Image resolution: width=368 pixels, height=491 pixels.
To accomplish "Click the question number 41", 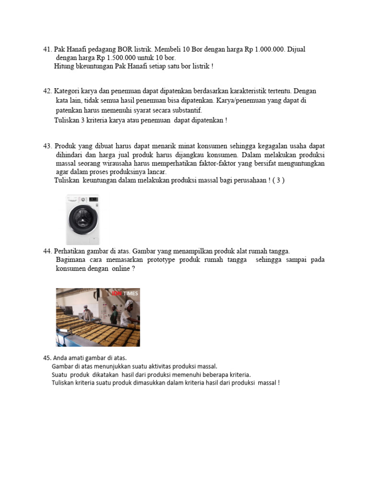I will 47,49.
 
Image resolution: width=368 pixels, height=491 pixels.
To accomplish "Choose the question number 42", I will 47,91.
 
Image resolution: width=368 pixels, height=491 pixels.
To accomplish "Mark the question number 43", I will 47,145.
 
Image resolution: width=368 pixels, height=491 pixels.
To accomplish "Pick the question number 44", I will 47,251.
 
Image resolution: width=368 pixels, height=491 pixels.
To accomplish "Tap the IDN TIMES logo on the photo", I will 126,293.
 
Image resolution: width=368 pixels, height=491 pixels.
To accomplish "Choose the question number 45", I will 47,358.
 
